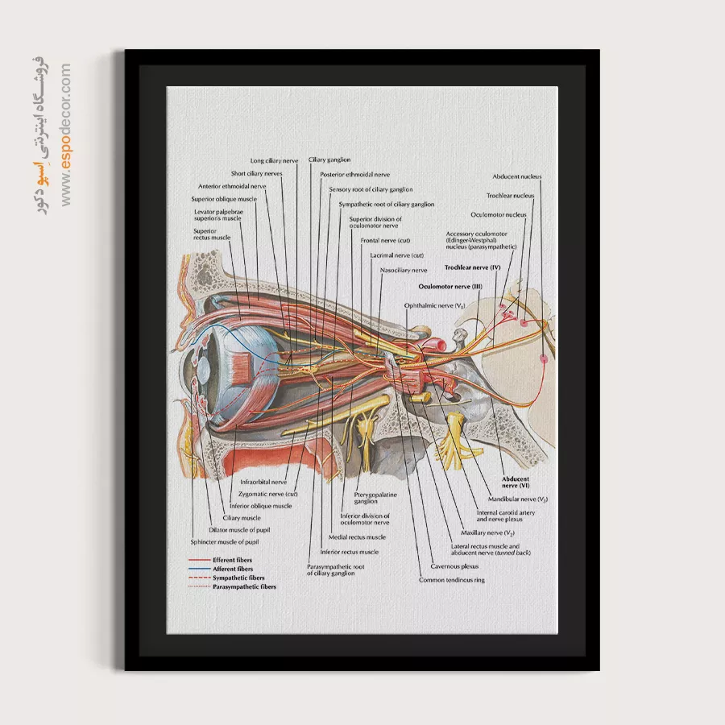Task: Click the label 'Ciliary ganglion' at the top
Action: (329, 159)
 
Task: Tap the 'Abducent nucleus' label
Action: (517, 176)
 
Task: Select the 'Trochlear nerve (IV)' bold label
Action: (472, 267)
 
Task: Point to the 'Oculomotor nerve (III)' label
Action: (449, 286)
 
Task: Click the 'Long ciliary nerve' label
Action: (274, 160)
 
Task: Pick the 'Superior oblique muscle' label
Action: (224, 199)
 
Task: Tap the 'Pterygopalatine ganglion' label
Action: (359, 497)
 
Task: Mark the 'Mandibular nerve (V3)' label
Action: (518, 499)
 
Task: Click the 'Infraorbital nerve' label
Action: (263, 482)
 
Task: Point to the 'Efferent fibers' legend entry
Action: (233, 560)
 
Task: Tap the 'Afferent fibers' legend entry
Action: (233, 569)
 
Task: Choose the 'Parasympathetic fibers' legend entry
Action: (244, 587)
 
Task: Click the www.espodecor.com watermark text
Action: (65, 133)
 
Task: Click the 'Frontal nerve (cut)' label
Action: (385, 241)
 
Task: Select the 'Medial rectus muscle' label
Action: (357, 537)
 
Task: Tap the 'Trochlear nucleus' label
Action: (510, 196)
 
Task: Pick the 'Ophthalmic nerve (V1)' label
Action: (435, 306)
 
